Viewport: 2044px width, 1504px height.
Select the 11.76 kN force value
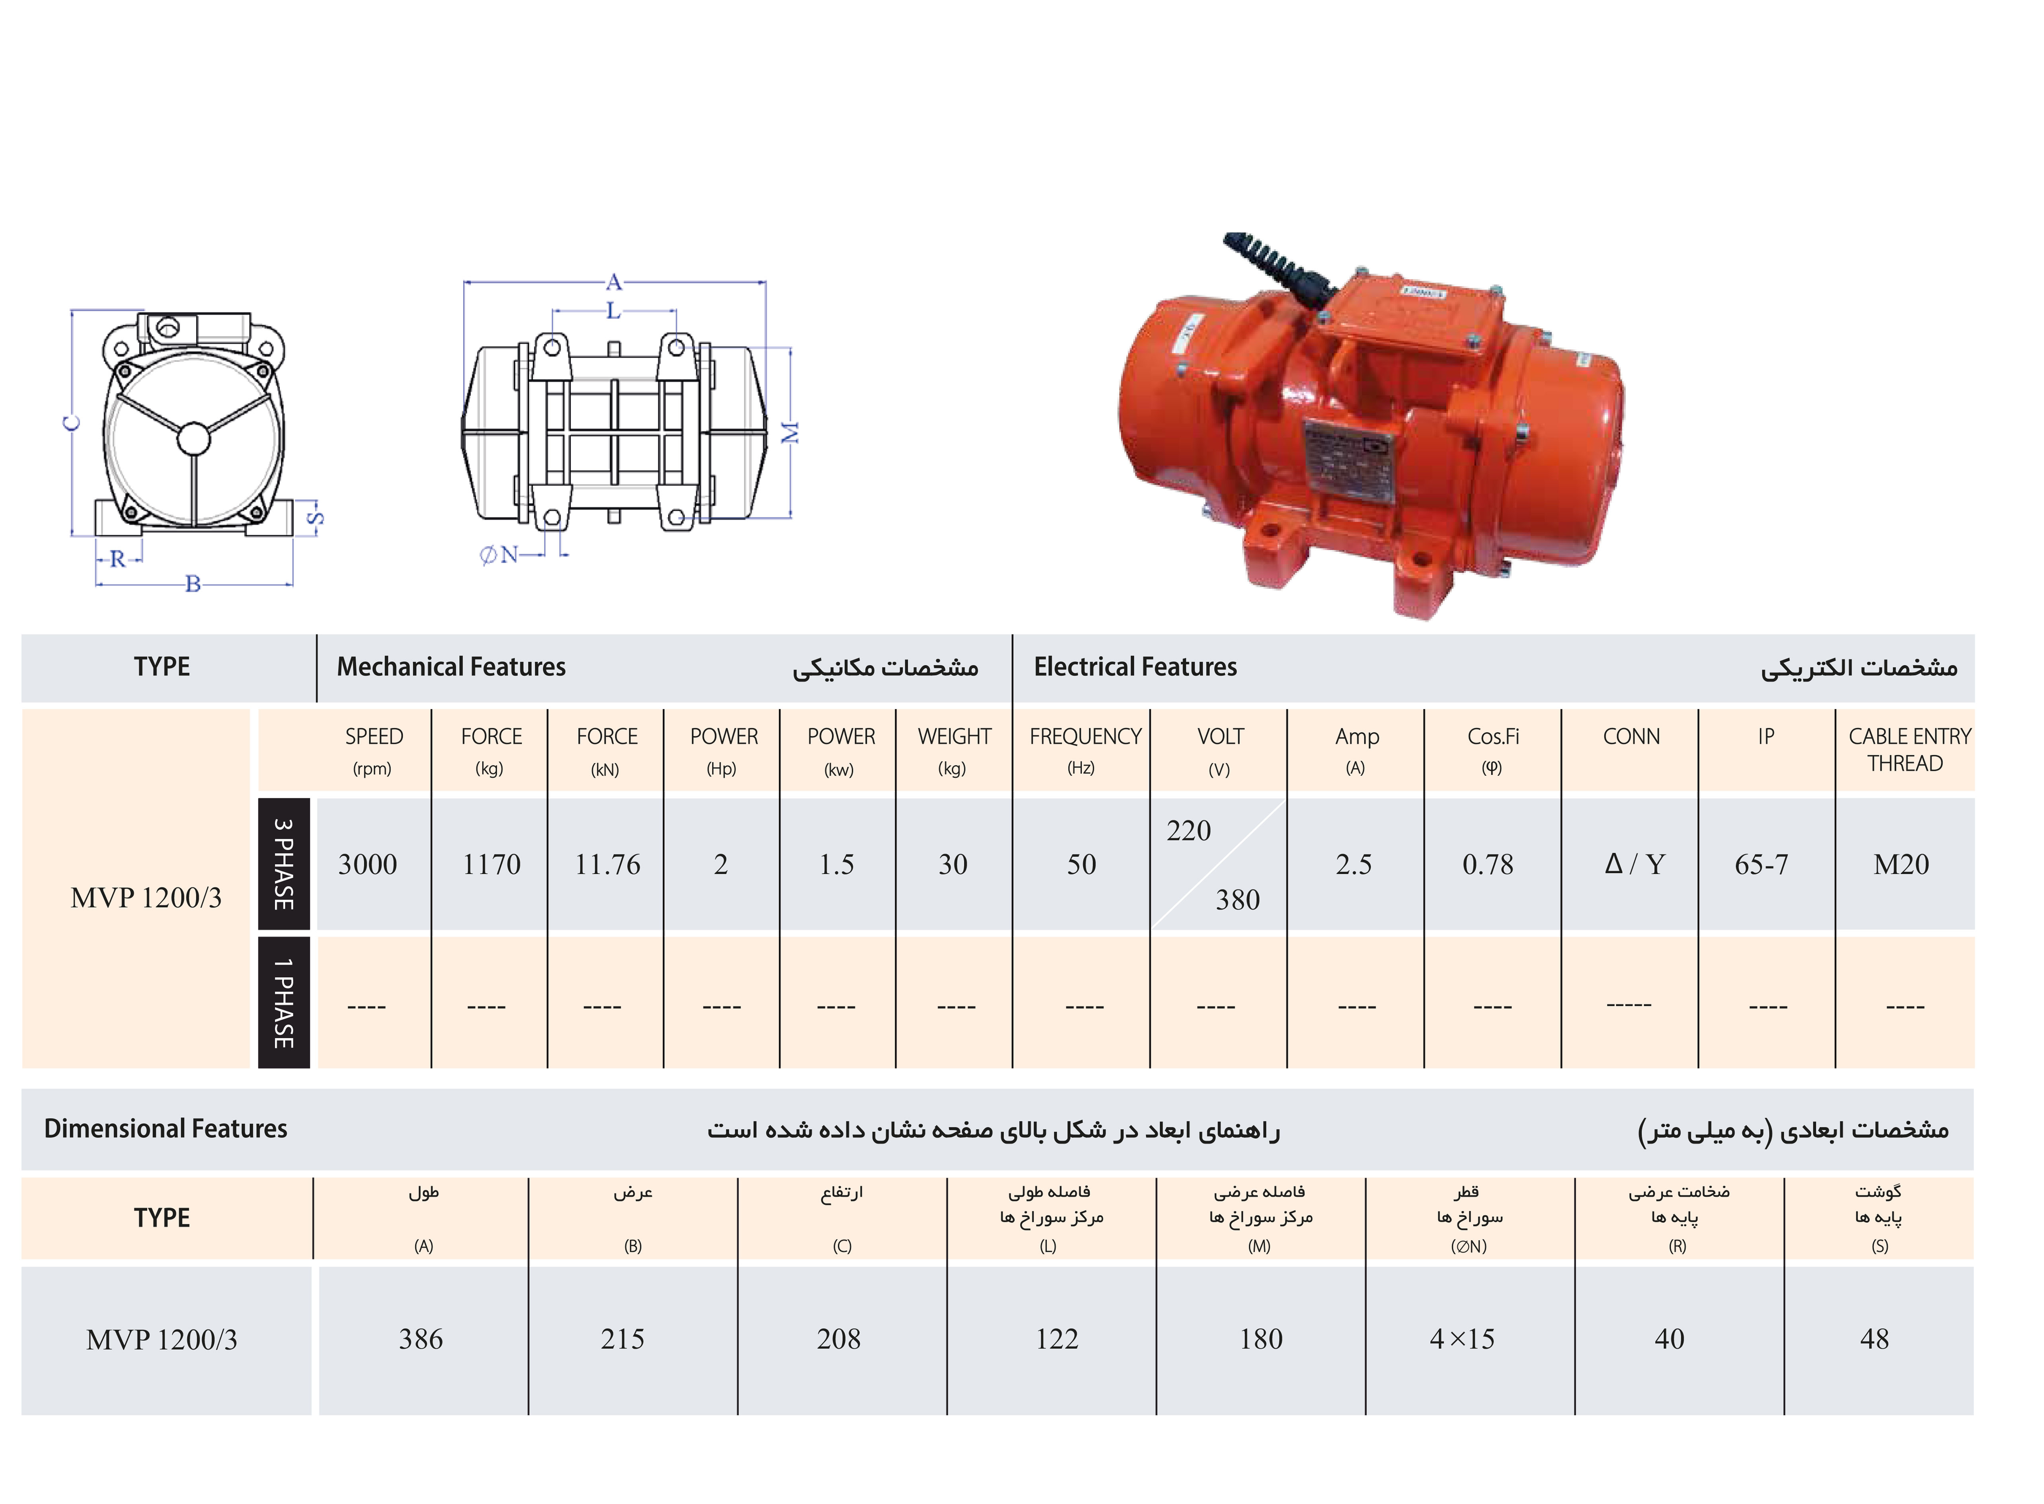pyautogui.click(x=607, y=864)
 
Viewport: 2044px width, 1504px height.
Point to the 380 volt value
pyautogui.click(x=1237, y=900)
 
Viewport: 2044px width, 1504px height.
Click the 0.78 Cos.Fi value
pyautogui.click(x=1488, y=864)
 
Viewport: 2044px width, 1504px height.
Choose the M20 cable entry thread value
pyautogui.click(x=1901, y=864)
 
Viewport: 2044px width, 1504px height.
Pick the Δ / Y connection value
pyautogui.click(x=1634, y=864)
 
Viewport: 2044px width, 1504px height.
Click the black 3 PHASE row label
pyautogui.click(x=284, y=864)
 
